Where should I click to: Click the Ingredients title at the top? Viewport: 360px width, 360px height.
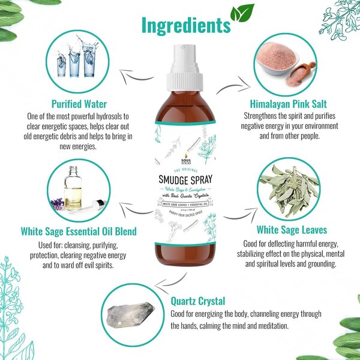click(x=185, y=25)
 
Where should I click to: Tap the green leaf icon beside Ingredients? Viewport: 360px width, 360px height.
click(x=242, y=13)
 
